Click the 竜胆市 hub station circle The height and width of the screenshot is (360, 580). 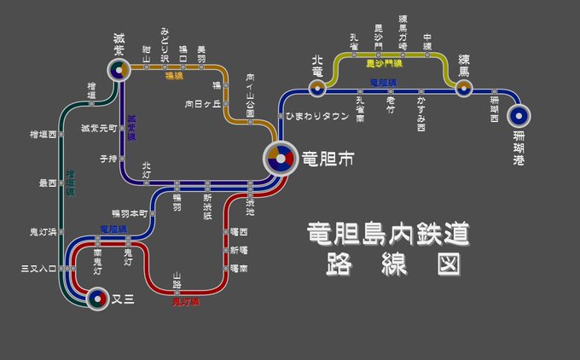point(278,159)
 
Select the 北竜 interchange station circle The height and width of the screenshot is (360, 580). point(317,86)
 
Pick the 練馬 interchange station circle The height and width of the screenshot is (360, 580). point(463,86)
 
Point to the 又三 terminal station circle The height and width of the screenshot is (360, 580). point(97,299)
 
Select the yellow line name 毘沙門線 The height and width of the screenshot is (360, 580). point(384,64)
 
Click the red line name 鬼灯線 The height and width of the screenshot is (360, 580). point(185,301)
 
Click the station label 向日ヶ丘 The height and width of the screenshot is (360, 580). point(201,103)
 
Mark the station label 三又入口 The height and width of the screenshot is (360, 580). point(38,269)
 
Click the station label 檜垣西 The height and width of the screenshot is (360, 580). point(41,135)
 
